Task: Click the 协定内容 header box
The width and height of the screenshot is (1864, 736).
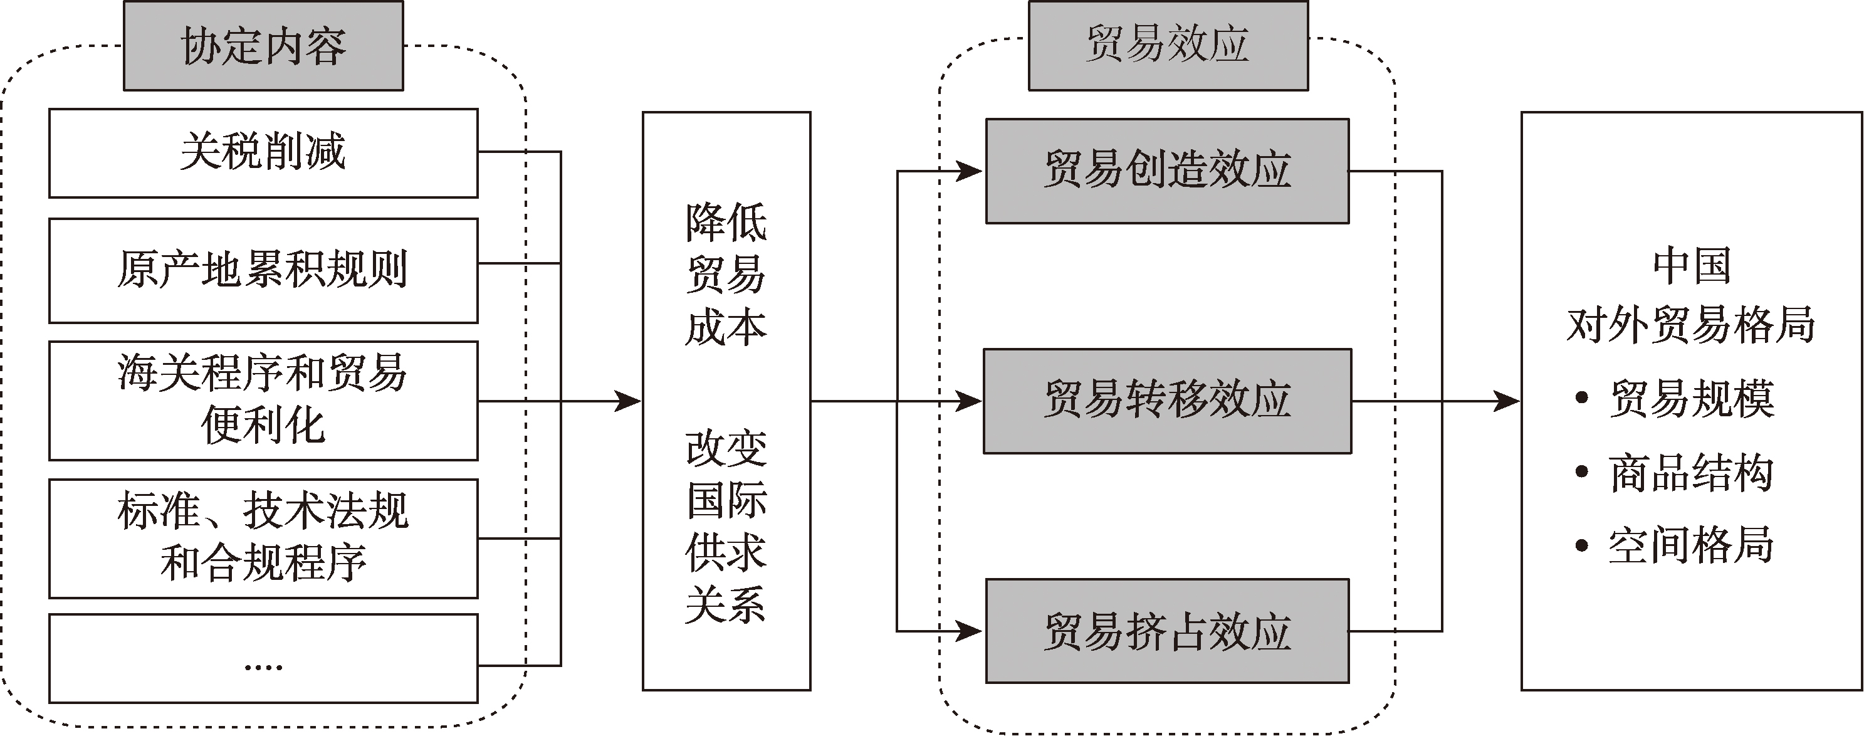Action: tap(263, 46)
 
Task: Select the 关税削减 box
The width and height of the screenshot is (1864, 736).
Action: tap(263, 153)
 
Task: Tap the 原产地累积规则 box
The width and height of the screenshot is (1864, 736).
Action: tap(263, 270)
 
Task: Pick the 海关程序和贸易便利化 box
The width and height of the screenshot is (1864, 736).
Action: tap(263, 400)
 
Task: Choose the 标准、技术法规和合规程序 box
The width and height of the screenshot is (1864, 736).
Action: tap(263, 538)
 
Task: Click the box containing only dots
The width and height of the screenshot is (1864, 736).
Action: tap(263, 658)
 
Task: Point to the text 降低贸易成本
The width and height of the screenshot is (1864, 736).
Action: tap(726, 275)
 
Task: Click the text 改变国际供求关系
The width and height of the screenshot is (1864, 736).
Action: tap(726, 526)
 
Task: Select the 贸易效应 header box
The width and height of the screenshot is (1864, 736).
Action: tap(1168, 45)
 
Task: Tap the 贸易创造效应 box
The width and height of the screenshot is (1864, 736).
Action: tap(1167, 171)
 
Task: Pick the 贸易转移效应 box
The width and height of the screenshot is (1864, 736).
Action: tap(1167, 401)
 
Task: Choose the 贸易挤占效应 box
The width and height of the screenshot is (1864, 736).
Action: tap(1167, 631)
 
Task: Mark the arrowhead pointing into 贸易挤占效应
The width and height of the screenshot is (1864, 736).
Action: tap(970, 631)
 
